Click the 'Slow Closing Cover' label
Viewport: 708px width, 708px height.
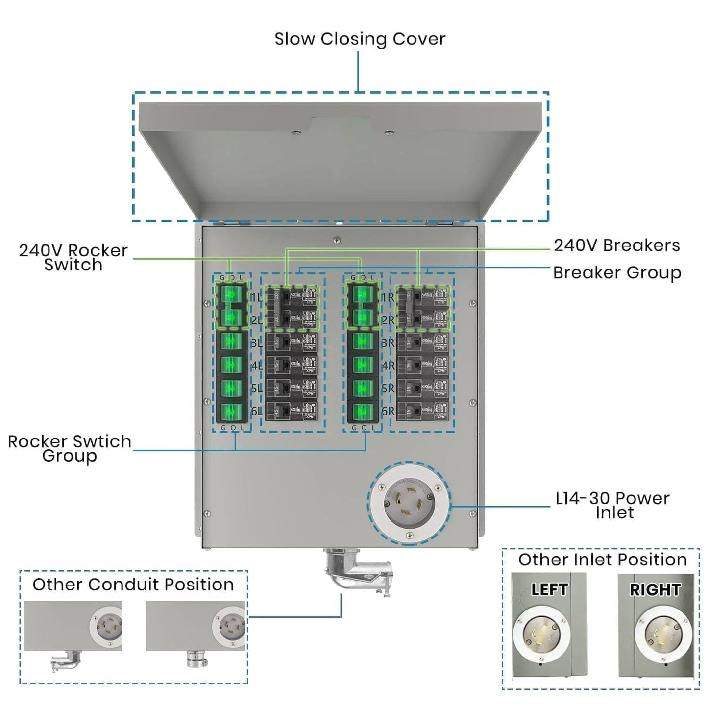360,39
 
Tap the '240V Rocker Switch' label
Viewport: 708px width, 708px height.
73,258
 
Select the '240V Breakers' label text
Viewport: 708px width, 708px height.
616,245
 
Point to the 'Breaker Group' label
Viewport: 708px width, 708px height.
616,273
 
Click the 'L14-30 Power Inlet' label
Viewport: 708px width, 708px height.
612,505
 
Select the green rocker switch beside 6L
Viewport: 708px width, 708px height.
231,412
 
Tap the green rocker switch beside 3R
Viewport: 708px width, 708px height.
363,342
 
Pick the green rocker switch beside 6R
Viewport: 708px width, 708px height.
363,412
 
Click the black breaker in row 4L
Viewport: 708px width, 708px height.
291,365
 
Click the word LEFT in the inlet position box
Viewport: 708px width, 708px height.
549,589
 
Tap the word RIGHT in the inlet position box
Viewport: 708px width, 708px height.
655,589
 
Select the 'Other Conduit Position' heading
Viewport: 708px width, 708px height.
133,585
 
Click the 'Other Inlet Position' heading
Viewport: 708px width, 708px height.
602,560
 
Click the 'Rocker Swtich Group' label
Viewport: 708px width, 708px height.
70,448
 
